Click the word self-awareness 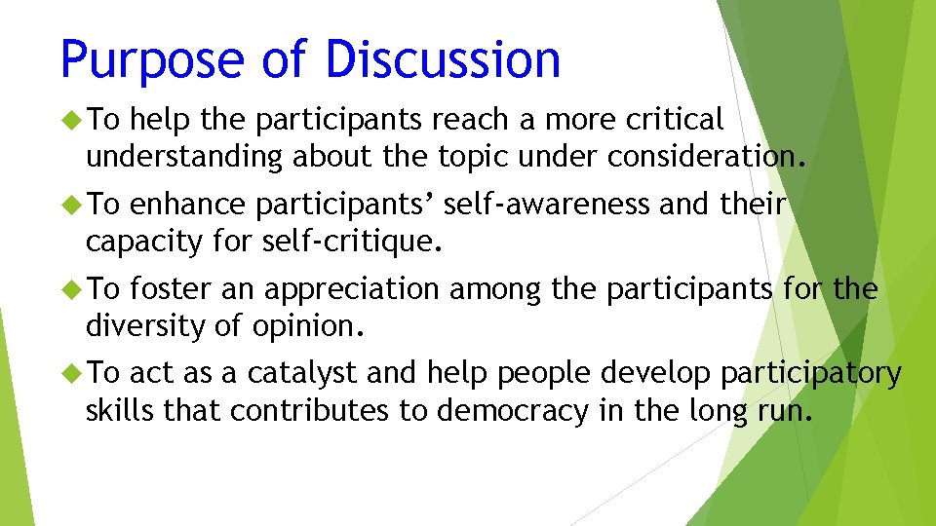(x=546, y=205)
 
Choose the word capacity (x=146, y=241)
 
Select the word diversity (x=145, y=325)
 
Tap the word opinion (x=313, y=325)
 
